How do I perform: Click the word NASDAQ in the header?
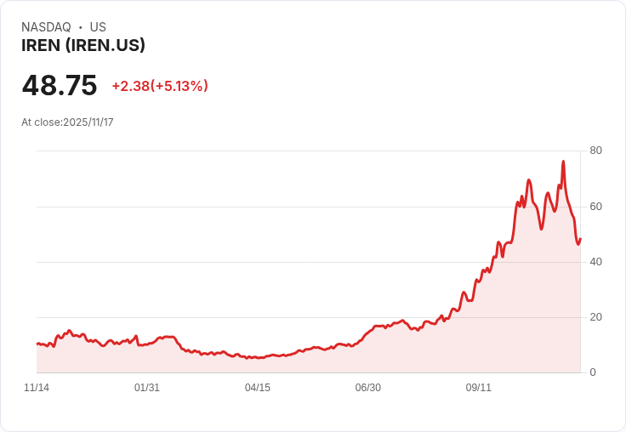click(x=46, y=27)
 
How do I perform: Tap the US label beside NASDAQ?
click(x=98, y=27)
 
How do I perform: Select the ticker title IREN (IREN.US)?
click(x=83, y=46)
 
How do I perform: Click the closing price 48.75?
click(x=60, y=86)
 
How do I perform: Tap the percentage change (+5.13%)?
click(x=179, y=86)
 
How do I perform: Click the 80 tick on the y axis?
click(x=595, y=151)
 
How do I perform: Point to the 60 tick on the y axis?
click(x=595, y=206)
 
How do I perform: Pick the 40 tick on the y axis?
click(x=595, y=261)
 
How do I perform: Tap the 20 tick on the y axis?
click(x=595, y=316)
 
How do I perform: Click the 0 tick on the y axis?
click(x=593, y=372)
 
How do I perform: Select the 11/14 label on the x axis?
click(x=37, y=388)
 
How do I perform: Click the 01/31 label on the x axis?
click(x=147, y=388)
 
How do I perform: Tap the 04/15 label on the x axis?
click(x=258, y=388)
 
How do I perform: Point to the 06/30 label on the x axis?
click(x=368, y=388)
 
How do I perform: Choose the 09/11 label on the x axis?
click(x=479, y=388)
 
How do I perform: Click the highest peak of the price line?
click(x=563, y=162)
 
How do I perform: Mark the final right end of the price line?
click(x=580, y=239)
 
